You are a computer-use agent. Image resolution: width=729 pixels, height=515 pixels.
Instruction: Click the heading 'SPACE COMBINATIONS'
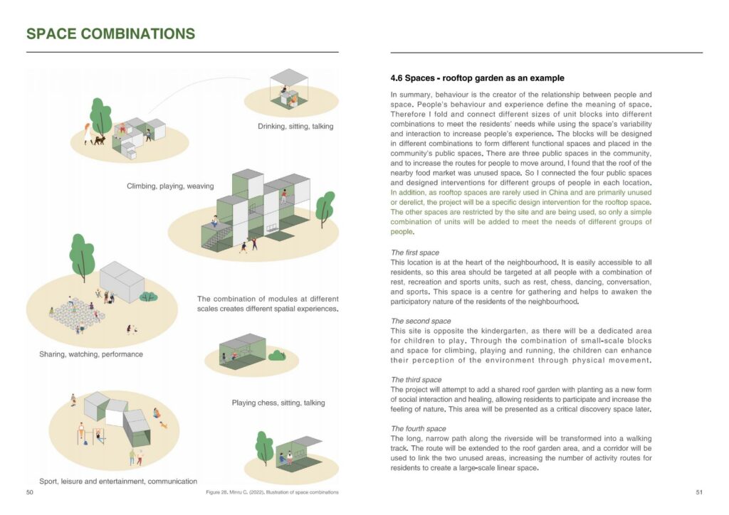pyautogui.click(x=110, y=33)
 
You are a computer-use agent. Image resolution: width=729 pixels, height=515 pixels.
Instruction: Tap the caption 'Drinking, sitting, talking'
pyautogui.click(x=295, y=127)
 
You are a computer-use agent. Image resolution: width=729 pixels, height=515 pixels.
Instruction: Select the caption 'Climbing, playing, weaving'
pyautogui.click(x=170, y=186)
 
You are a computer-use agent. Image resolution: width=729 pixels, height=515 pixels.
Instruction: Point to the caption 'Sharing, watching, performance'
pyautogui.click(x=91, y=354)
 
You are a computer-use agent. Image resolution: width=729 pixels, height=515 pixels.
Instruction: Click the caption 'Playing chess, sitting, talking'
pyautogui.click(x=278, y=403)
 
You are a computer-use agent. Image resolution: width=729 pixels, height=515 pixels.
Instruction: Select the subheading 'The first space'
pyautogui.click(x=415, y=253)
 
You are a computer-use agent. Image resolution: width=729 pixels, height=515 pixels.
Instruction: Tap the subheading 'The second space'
pyautogui.click(x=421, y=321)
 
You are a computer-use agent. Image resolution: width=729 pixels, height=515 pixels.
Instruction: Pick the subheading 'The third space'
pyautogui.click(x=416, y=380)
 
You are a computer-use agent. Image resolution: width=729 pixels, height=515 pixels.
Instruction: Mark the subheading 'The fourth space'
pyautogui.click(x=419, y=428)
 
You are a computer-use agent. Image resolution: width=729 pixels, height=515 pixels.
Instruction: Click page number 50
pyautogui.click(x=30, y=492)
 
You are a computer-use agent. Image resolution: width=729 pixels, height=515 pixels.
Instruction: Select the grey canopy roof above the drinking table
pyautogui.click(x=289, y=77)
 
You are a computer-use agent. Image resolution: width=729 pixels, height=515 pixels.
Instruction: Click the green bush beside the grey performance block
pyautogui.click(x=149, y=296)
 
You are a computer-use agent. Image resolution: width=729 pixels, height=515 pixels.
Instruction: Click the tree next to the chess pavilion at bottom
pyautogui.click(x=264, y=446)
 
